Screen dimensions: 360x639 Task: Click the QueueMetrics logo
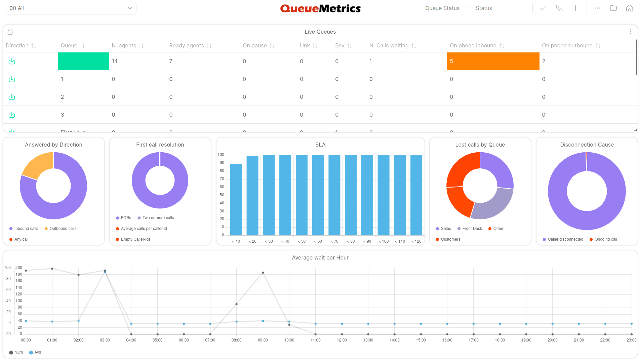(x=320, y=8)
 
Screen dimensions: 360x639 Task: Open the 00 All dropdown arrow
(x=130, y=8)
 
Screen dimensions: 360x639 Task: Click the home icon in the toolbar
(x=629, y=8)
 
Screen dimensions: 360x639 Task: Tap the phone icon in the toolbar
(x=559, y=8)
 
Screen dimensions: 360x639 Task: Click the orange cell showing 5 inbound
(x=493, y=61)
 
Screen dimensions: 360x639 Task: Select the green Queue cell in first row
(x=84, y=61)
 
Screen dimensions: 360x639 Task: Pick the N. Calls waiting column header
(x=389, y=45)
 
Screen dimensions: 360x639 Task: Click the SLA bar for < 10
(x=236, y=199)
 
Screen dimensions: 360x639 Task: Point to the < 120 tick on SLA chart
(x=416, y=241)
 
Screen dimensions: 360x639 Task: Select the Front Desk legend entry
(x=472, y=229)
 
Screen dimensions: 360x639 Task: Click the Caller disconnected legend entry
(x=565, y=239)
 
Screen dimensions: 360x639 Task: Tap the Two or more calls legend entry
(x=158, y=218)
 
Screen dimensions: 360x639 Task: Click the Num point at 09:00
(x=263, y=273)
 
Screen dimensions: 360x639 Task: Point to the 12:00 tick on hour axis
(x=342, y=340)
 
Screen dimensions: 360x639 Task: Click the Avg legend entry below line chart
(x=37, y=352)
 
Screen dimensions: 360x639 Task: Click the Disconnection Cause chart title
(x=587, y=145)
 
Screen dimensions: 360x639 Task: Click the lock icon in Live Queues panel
(x=10, y=32)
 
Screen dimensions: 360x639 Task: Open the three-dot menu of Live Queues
(x=630, y=32)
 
